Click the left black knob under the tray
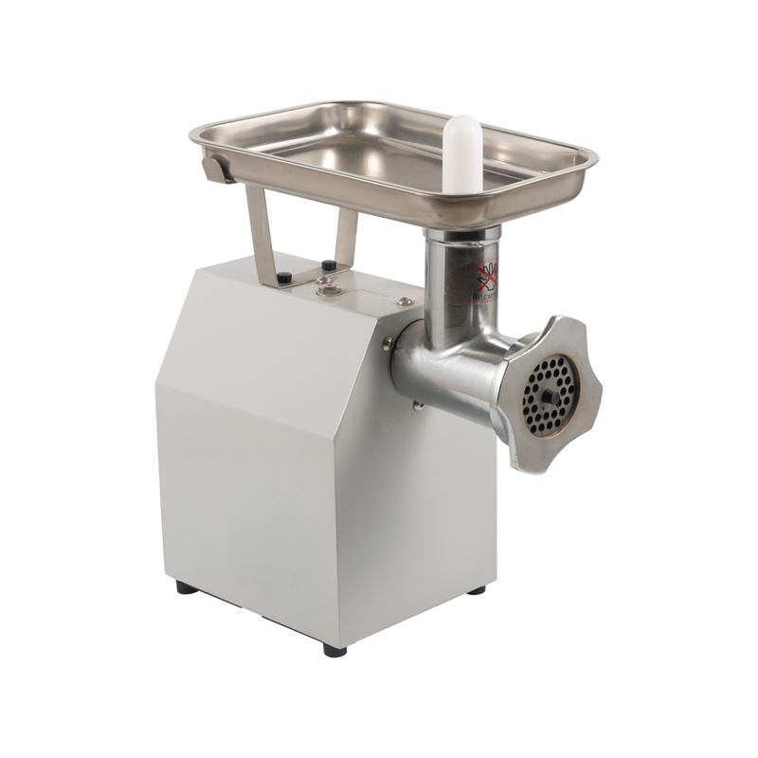pyautogui.click(x=283, y=278)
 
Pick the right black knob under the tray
pyautogui.click(x=329, y=266)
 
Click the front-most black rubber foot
pyautogui.click(x=334, y=650)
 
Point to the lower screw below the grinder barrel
pyautogui.click(x=418, y=406)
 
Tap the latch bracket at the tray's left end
pyautogui.click(x=214, y=169)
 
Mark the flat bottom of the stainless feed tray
pyautogui.click(x=379, y=152)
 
